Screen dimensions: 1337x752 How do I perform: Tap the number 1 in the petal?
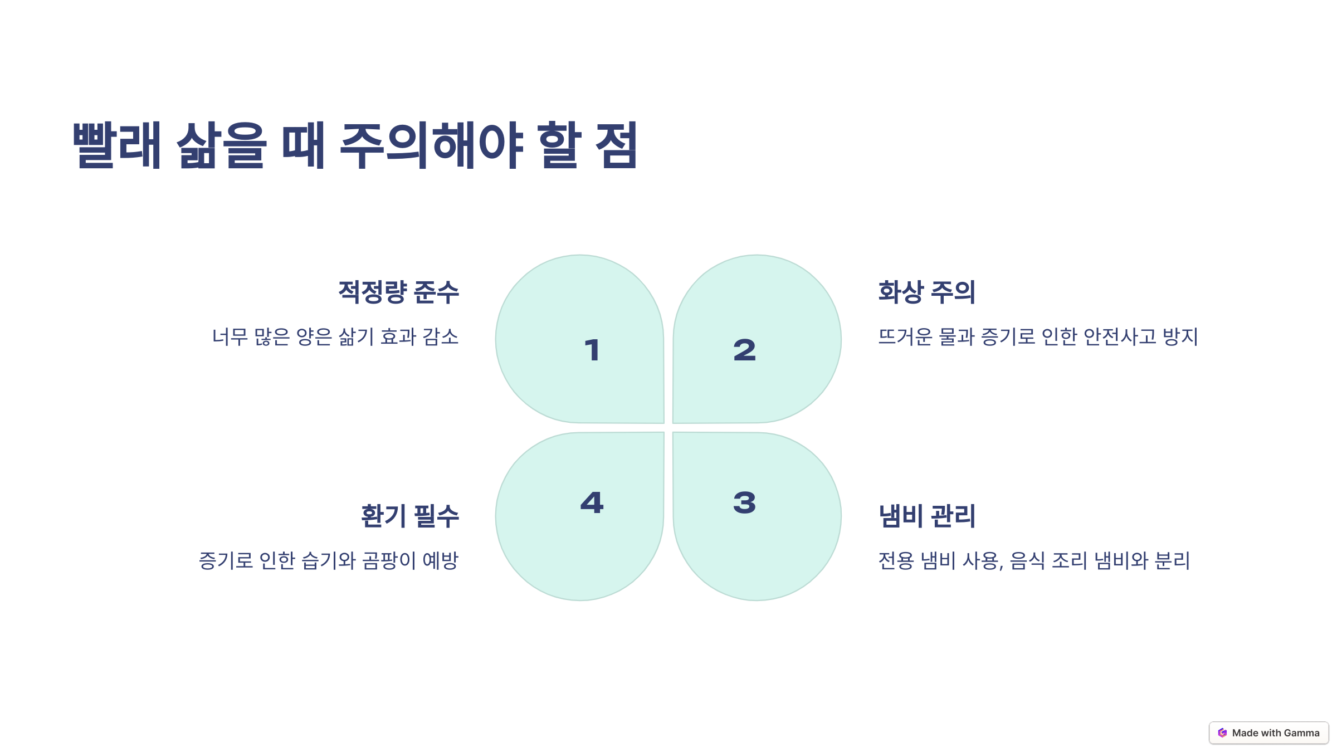pyautogui.click(x=592, y=350)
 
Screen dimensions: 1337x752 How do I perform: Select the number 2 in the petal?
pyautogui.click(x=745, y=350)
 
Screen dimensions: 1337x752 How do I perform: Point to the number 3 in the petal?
pyautogui.click(x=745, y=502)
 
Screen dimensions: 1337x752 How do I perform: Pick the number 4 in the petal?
pyautogui.click(x=592, y=502)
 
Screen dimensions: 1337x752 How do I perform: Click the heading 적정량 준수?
pyautogui.click(x=398, y=292)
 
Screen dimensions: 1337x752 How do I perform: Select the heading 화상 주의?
pyautogui.click(x=926, y=292)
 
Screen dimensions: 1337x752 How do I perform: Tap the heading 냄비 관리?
pyautogui.click(x=926, y=516)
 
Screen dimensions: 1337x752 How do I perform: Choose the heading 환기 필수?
pyautogui.click(x=409, y=516)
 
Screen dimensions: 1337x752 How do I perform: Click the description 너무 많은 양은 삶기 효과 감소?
pyautogui.click(x=335, y=337)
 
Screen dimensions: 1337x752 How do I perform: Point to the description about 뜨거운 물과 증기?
pyautogui.click(x=1038, y=337)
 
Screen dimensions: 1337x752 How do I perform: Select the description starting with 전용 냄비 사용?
pyautogui.click(x=1034, y=560)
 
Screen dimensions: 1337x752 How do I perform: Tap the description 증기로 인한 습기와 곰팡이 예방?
pyautogui.click(x=329, y=560)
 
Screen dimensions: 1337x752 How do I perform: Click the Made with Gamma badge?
pyautogui.click(x=1268, y=733)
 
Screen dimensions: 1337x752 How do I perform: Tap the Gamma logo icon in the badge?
pyautogui.click(x=1222, y=733)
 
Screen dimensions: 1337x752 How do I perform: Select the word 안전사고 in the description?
pyautogui.click(x=1120, y=337)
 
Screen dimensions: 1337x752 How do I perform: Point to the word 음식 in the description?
pyautogui.click(x=1027, y=560)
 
